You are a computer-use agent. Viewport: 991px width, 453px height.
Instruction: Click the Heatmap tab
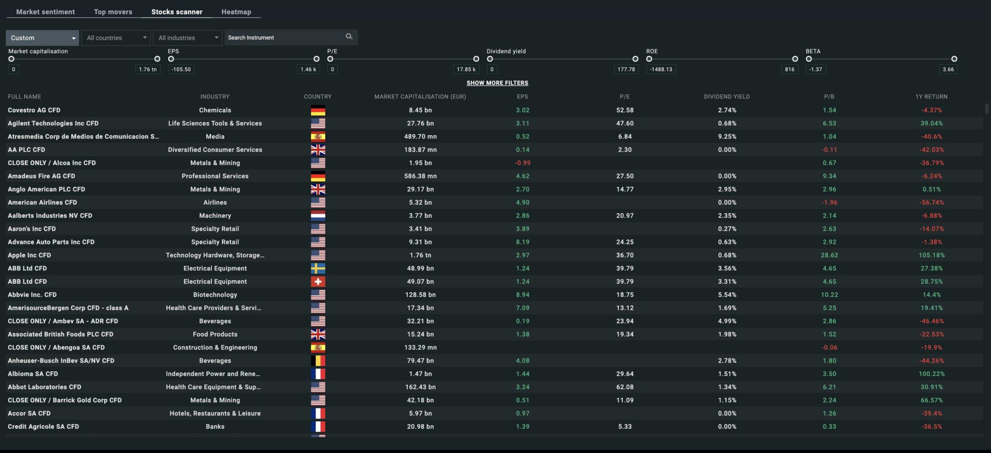coord(236,12)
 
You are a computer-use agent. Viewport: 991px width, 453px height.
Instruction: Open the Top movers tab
coord(113,12)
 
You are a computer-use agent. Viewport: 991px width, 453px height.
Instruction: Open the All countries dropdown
coord(116,38)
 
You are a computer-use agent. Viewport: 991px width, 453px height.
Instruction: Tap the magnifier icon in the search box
coord(349,37)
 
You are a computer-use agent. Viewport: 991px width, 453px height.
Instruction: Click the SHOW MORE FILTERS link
coord(497,83)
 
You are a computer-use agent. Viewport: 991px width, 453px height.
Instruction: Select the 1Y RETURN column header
coord(931,96)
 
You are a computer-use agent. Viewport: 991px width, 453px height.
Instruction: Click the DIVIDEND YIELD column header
coord(726,96)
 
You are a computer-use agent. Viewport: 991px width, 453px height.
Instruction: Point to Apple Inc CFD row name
coord(30,255)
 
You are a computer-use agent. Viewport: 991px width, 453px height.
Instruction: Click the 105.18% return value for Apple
coord(931,255)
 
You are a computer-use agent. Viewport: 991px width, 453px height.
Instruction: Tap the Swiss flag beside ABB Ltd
coord(318,281)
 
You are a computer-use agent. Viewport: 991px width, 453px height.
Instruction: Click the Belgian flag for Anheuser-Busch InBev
coord(318,361)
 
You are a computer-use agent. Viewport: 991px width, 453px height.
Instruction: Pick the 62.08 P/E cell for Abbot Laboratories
coord(625,387)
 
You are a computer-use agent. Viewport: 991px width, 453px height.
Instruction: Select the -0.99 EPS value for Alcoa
coord(522,163)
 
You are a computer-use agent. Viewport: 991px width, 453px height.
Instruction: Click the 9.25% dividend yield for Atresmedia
coord(727,136)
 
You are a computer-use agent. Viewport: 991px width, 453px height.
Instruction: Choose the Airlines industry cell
coord(215,202)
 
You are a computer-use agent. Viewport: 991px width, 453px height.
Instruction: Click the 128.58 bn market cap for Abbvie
coord(420,294)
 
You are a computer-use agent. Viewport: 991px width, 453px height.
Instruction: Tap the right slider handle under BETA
coord(954,59)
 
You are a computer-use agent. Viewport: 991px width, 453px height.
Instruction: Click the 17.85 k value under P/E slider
coord(465,69)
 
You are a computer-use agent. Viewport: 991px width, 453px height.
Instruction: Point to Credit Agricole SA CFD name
coord(44,426)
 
